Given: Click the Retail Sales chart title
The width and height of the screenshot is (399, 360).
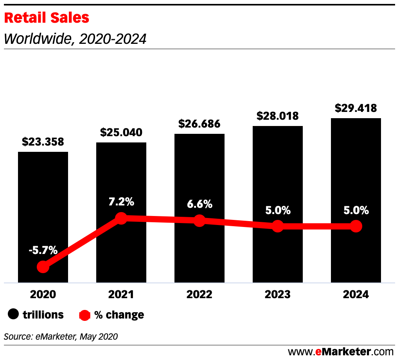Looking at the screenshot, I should click(47, 18).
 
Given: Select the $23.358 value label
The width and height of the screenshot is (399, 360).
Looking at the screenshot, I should click(43, 142).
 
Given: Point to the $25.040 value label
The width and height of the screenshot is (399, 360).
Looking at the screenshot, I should click(121, 132).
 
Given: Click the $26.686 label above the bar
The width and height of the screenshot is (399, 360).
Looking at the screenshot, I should click(199, 124).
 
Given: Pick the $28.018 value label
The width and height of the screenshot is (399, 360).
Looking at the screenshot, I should click(278, 116).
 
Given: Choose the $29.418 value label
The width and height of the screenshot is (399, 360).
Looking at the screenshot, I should click(356, 108).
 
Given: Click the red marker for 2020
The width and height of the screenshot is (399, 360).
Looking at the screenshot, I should click(43, 267).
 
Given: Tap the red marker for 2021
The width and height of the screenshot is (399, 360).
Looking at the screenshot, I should click(121, 218).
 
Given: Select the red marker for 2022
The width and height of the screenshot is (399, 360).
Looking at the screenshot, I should click(199, 220).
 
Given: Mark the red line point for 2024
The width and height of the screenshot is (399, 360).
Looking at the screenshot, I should click(356, 226).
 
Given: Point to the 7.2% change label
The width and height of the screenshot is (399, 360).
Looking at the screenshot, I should click(121, 202).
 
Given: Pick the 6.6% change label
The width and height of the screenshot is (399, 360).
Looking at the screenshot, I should click(199, 204).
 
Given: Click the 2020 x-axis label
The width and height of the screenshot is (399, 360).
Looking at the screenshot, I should click(43, 295).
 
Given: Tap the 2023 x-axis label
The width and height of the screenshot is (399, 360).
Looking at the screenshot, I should click(278, 295).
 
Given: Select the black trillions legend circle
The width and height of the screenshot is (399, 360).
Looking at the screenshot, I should click(14, 315).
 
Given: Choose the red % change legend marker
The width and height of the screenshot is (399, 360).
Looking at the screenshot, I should click(85, 315).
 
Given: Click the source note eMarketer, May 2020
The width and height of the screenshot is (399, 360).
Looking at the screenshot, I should click(61, 336).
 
